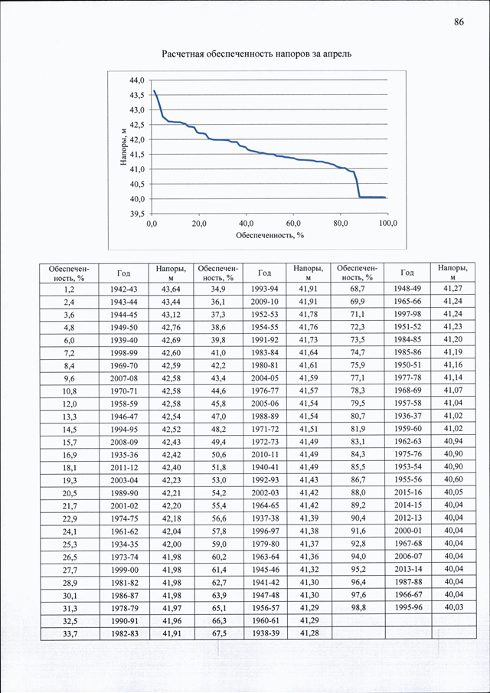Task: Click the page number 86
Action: click(x=459, y=22)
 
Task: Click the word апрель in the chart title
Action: click(x=337, y=54)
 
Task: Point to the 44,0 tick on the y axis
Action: click(x=137, y=80)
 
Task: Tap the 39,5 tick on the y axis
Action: click(x=137, y=214)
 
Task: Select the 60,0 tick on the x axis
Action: click(x=293, y=223)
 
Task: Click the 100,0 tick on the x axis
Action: click(x=388, y=223)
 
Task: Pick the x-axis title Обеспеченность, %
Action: click(x=270, y=234)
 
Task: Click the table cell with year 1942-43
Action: click(x=124, y=289)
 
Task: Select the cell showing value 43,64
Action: click(x=170, y=289)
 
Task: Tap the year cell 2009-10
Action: click(x=264, y=302)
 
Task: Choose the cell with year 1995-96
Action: click(x=408, y=607)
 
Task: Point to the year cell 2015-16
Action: click(x=408, y=493)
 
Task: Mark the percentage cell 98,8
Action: click(x=358, y=607)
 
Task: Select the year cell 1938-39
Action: click(x=264, y=633)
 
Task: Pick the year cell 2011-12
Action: click(x=124, y=468)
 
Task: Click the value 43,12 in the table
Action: click(x=170, y=315)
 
